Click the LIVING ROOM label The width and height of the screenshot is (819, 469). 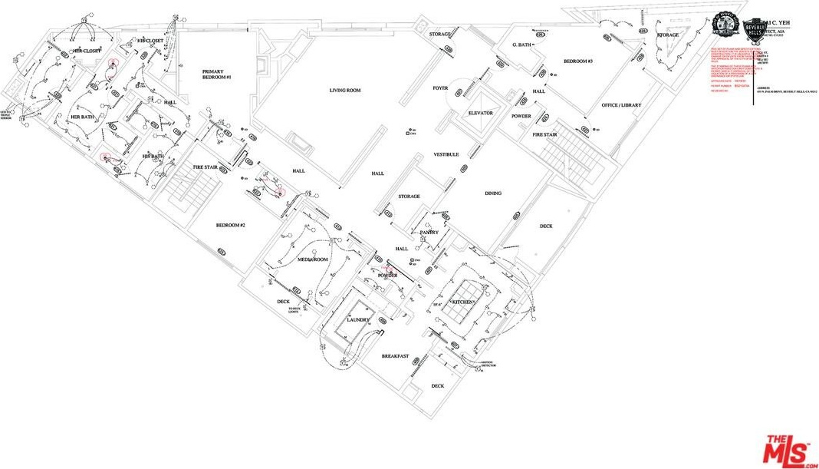[x=345, y=91]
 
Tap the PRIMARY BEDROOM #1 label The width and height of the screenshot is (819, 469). [x=217, y=74]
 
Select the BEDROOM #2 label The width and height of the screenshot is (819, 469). [x=230, y=225]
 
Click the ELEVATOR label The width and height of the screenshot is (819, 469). [x=481, y=113]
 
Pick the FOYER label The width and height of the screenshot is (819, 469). [x=440, y=88]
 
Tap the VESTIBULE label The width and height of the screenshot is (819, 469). [x=446, y=154]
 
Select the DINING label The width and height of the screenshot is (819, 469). [x=493, y=193]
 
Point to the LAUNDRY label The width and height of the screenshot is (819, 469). [x=358, y=319]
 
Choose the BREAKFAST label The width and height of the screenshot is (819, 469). [x=395, y=356]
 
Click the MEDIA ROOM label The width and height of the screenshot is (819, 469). [x=313, y=259]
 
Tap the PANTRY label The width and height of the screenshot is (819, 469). [x=429, y=232]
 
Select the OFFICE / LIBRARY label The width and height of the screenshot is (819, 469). [x=621, y=105]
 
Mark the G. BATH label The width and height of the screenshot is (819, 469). [x=522, y=45]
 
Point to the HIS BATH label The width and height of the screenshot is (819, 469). [x=153, y=157]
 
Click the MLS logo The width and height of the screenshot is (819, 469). [x=788, y=451]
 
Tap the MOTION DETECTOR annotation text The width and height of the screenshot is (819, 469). [x=488, y=364]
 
